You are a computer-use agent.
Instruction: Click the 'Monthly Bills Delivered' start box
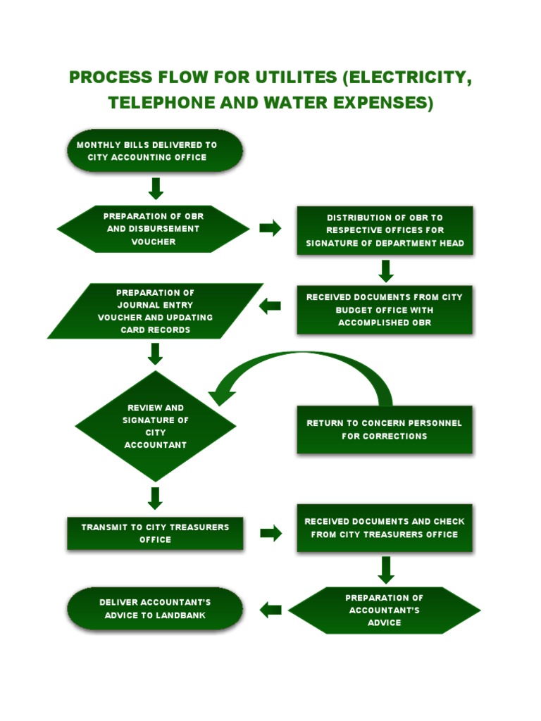click(155, 151)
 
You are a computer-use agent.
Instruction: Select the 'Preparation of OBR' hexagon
click(154, 228)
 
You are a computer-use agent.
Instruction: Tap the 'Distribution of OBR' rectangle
click(385, 230)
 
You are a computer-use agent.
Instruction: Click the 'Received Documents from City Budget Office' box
click(385, 310)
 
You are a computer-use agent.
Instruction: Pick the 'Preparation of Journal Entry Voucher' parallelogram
click(155, 311)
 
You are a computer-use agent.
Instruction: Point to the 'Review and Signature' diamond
click(155, 426)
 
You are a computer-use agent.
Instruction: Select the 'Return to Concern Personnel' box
click(385, 430)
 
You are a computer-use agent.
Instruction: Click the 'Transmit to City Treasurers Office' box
click(155, 533)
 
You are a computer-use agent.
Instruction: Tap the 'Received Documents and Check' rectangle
click(385, 528)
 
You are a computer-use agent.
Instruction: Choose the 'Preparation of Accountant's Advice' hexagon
click(385, 610)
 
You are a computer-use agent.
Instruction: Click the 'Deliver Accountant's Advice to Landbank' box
click(155, 609)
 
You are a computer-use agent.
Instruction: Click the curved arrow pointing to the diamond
click(303, 366)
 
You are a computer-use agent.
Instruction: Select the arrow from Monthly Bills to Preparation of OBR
click(156, 188)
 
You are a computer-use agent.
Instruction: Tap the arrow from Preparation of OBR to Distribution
click(270, 228)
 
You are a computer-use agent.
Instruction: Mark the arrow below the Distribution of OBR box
click(385, 271)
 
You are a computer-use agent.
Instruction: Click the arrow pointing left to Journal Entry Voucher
click(270, 306)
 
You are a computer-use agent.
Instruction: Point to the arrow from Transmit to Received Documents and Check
click(270, 533)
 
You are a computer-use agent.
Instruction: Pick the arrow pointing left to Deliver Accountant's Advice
click(270, 610)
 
